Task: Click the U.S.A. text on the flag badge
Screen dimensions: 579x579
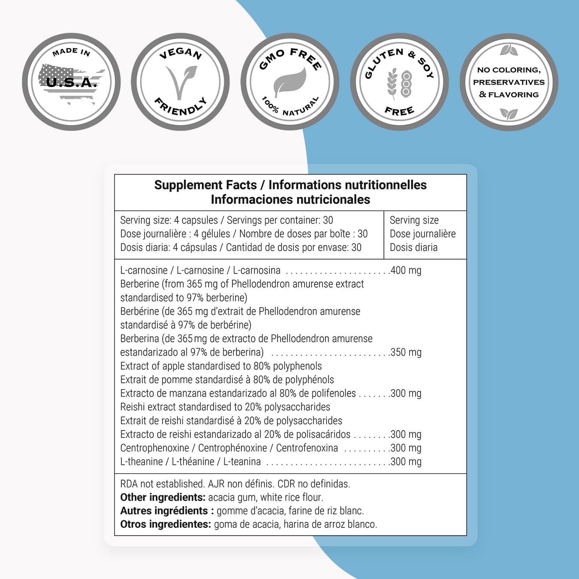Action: click(71, 82)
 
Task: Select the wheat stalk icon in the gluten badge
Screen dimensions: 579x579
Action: click(392, 83)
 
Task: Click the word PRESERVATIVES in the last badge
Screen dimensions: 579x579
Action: click(509, 82)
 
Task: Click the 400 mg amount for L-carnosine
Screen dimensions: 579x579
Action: click(406, 270)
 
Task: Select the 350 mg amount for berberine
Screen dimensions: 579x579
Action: click(406, 352)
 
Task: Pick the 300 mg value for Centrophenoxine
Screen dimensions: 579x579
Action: click(406, 448)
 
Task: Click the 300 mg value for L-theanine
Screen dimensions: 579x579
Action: click(406, 462)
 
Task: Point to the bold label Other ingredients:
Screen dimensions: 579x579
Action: click(163, 497)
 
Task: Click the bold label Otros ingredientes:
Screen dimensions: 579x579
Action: click(166, 524)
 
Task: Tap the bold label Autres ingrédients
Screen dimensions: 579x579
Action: click(167, 511)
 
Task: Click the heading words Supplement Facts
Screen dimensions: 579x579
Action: click(205, 185)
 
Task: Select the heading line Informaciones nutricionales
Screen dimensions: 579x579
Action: click(290, 200)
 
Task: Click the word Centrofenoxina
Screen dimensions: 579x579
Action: click(307, 448)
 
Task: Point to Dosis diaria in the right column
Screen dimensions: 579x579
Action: click(413, 247)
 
